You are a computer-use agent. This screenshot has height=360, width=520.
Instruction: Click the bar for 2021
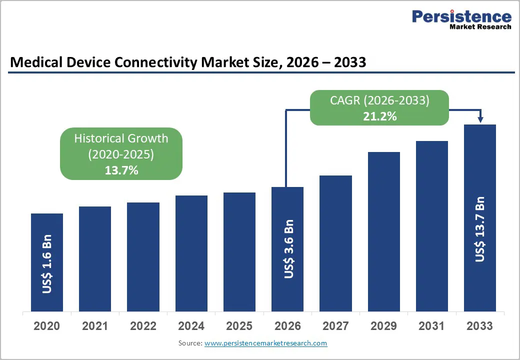click(95, 259)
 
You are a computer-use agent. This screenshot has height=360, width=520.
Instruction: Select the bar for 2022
click(143, 257)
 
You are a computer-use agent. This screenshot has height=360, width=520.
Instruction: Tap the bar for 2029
click(383, 231)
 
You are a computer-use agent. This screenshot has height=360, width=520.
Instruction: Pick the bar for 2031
click(432, 226)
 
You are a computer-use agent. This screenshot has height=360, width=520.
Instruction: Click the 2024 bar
click(191, 253)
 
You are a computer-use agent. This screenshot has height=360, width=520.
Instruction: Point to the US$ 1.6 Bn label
click(47, 264)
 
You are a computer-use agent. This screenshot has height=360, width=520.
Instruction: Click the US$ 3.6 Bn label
click(288, 248)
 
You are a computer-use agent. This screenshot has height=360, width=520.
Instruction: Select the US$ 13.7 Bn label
click(480, 229)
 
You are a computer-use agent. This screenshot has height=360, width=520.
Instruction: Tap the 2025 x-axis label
click(239, 326)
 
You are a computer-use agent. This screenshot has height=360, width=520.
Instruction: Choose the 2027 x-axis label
click(335, 326)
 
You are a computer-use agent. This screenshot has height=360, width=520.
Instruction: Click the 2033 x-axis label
click(480, 326)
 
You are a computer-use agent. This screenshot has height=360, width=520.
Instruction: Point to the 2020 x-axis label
click(47, 326)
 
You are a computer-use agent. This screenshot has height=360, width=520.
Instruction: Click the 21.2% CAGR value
click(379, 116)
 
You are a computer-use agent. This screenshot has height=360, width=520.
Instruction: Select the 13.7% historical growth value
click(121, 170)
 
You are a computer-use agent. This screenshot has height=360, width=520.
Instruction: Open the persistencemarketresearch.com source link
click(265, 343)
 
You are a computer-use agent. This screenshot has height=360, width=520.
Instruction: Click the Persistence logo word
click(461, 16)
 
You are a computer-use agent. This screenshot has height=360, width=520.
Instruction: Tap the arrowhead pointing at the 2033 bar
click(480, 119)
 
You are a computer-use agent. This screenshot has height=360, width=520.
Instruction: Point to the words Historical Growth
click(121, 138)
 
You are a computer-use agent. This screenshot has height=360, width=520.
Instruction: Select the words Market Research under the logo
click(480, 27)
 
